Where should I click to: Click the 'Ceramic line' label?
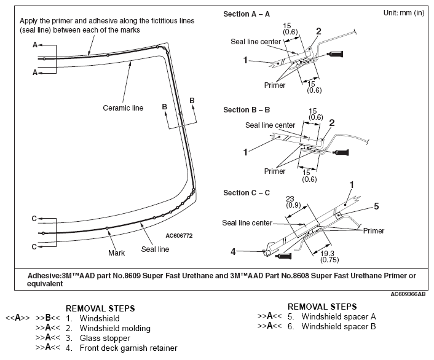click(x=123, y=108)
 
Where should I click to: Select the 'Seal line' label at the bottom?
click(x=155, y=249)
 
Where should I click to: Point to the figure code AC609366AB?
click(x=407, y=294)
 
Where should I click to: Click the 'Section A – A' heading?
click(x=247, y=14)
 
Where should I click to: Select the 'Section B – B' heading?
click(x=247, y=110)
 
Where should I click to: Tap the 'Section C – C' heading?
click(x=247, y=192)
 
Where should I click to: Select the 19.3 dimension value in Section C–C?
click(x=327, y=254)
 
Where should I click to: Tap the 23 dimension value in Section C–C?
click(x=290, y=198)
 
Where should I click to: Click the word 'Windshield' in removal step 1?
click(x=100, y=319)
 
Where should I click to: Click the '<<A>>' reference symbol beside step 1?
click(x=18, y=319)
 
